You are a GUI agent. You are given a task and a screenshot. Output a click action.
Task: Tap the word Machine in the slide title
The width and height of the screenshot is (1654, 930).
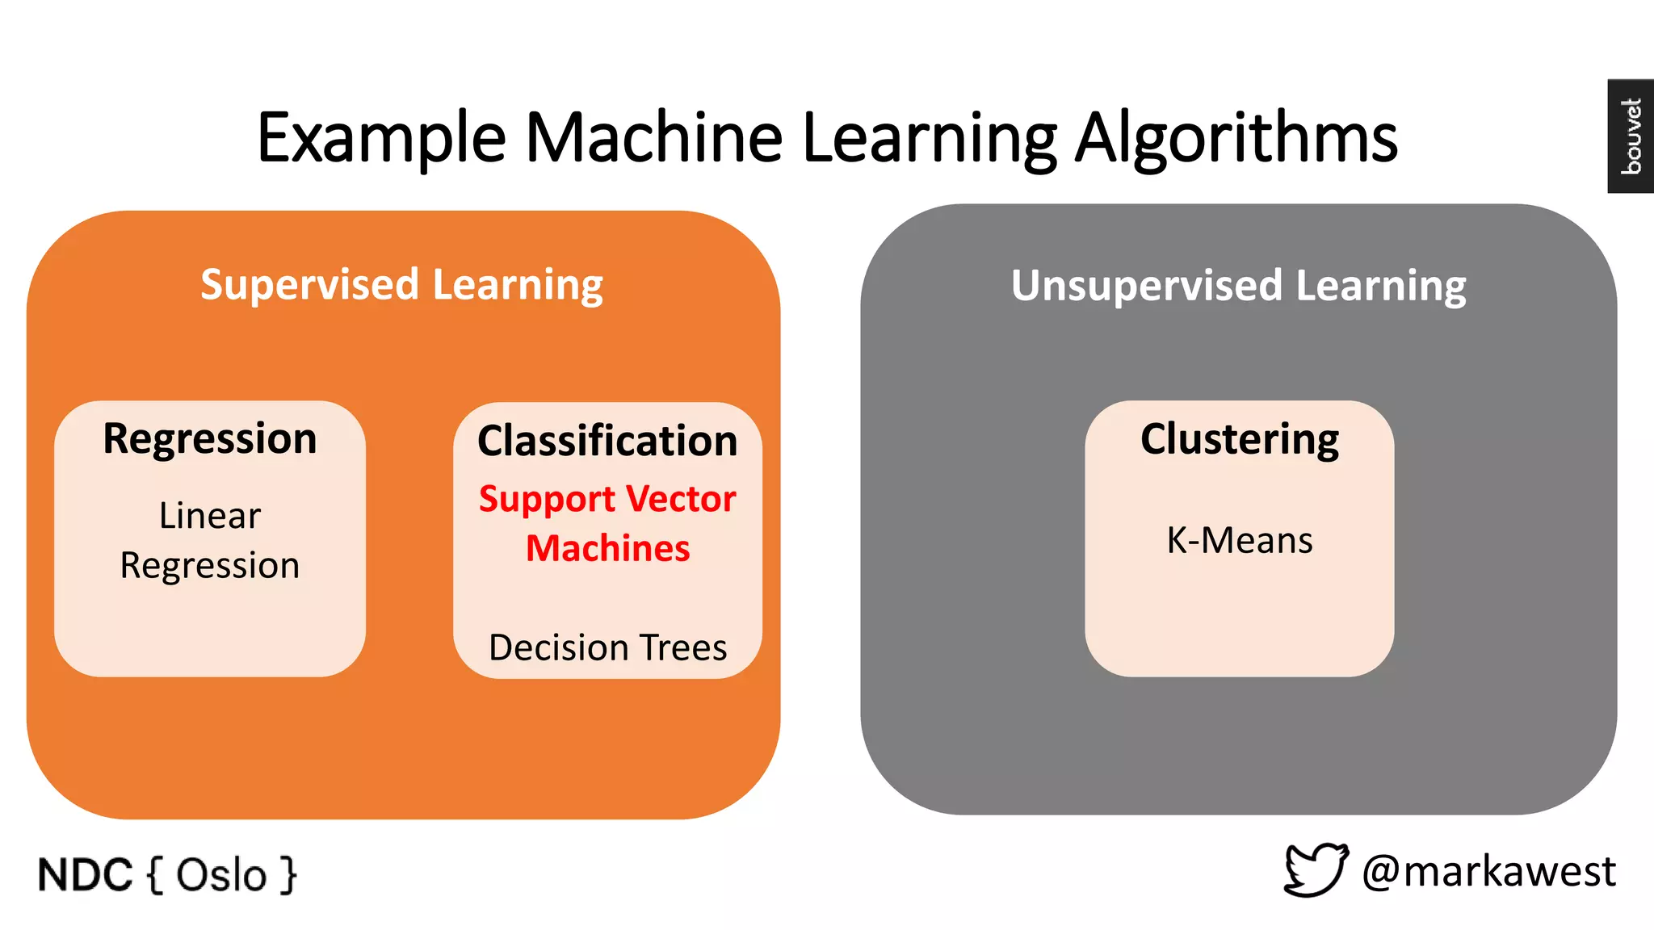point(653,137)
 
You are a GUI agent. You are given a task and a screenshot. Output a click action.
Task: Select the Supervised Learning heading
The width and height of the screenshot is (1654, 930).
point(401,285)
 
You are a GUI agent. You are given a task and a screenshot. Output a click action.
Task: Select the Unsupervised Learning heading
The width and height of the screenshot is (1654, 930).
point(1238,286)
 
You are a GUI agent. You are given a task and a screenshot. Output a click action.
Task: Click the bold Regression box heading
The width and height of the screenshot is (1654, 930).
point(210,439)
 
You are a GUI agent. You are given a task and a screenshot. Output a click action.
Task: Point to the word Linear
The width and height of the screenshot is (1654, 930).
point(210,516)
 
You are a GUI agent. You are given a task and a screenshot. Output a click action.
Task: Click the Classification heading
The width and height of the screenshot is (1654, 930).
point(607,441)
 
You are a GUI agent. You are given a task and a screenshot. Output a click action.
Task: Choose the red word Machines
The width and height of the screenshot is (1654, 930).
point(607,549)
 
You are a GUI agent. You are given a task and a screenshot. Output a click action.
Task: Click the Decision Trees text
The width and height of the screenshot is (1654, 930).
point(607,647)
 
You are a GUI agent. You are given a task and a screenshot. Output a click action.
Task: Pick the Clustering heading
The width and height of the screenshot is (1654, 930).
point(1239,440)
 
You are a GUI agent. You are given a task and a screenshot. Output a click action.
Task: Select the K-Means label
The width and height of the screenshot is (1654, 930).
point(1239,540)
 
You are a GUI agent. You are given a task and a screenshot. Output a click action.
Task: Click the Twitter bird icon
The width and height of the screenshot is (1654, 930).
point(1316,869)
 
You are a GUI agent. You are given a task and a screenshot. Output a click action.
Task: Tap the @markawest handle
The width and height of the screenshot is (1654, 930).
point(1488,872)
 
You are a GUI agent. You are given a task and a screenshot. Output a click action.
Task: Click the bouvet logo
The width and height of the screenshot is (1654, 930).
point(1631,136)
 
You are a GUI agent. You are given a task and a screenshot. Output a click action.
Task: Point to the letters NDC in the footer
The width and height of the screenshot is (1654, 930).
point(85,875)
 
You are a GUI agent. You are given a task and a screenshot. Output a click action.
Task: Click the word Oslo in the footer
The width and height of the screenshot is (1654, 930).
point(221,875)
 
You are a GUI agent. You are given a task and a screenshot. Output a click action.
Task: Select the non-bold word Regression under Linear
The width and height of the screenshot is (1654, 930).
point(210,566)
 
